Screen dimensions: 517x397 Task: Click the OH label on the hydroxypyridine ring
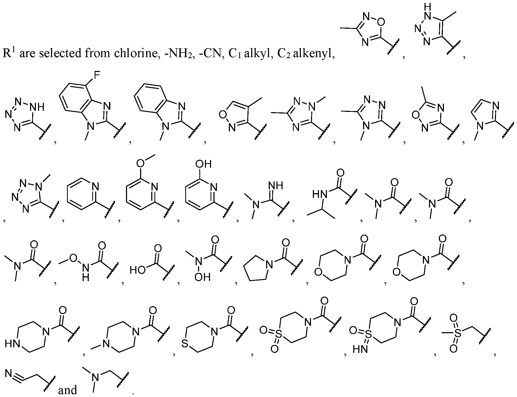pyautogui.click(x=204, y=164)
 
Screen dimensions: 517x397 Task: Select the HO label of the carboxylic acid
pyautogui.click(x=138, y=271)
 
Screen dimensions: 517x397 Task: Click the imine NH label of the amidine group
pyautogui.click(x=276, y=185)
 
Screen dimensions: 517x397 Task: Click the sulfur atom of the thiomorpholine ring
pyautogui.click(x=185, y=344)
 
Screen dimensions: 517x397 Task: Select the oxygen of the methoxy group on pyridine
pyautogui.click(x=140, y=164)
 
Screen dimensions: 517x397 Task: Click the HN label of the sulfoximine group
pyautogui.click(x=360, y=349)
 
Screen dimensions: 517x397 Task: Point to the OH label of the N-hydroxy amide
pyautogui.click(x=203, y=277)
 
